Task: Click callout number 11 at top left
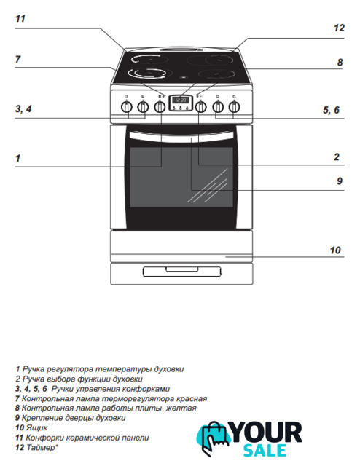(x=20, y=19)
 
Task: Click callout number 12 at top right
(x=339, y=28)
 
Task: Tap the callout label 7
(x=17, y=60)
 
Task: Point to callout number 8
(x=340, y=63)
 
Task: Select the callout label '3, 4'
(x=23, y=108)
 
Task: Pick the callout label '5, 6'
(x=331, y=110)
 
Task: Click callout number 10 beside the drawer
(x=335, y=250)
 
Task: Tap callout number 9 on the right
(x=340, y=181)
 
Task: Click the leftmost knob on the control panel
(x=127, y=107)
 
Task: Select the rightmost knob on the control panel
(x=235, y=107)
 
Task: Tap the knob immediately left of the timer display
(x=160, y=107)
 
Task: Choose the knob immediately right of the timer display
(x=201, y=107)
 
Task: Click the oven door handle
(x=181, y=136)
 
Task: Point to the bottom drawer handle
(x=182, y=269)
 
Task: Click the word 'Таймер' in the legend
(x=42, y=447)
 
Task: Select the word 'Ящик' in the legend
(x=36, y=427)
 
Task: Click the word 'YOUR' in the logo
(x=266, y=433)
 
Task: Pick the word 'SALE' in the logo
(x=265, y=450)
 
